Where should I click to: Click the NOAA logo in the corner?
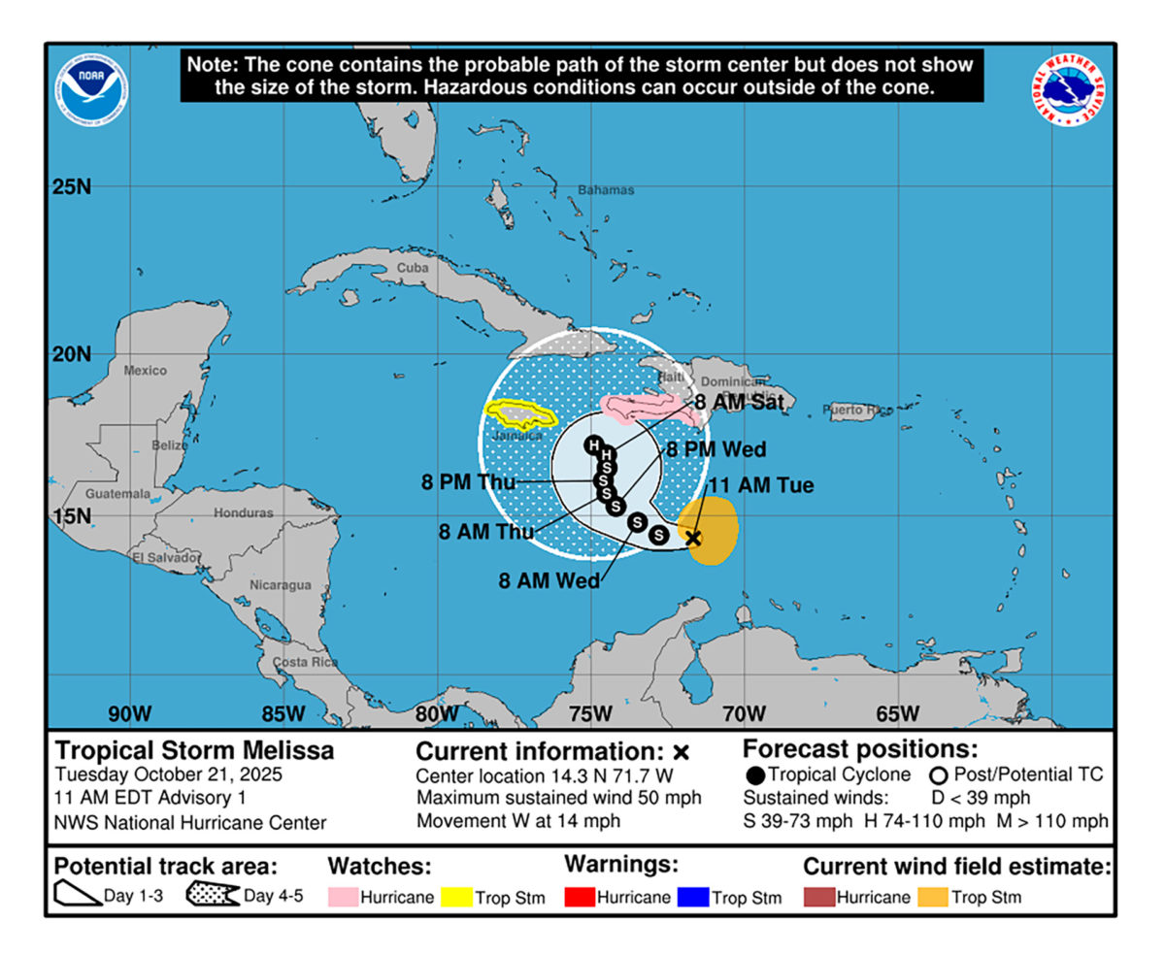(x=92, y=89)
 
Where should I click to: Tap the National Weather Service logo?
(x=1070, y=89)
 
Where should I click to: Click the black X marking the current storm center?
(x=693, y=538)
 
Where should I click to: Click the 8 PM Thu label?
(x=469, y=481)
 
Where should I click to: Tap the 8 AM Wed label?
(x=549, y=581)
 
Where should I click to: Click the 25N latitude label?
(x=71, y=186)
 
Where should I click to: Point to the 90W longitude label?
(x=129, y=714)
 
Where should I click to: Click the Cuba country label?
(x=413, y=268)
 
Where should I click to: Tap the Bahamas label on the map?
(x=605, y=190)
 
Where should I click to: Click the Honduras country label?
(x=243, y=512)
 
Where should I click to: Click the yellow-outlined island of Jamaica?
(x=520, y=415)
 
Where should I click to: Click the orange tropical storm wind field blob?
(x=711, y=529)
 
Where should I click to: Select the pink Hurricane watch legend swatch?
(x=343, y=897)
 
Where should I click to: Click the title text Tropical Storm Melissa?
(x=194, y=750)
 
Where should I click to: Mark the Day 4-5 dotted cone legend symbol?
(x=212, y=896)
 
